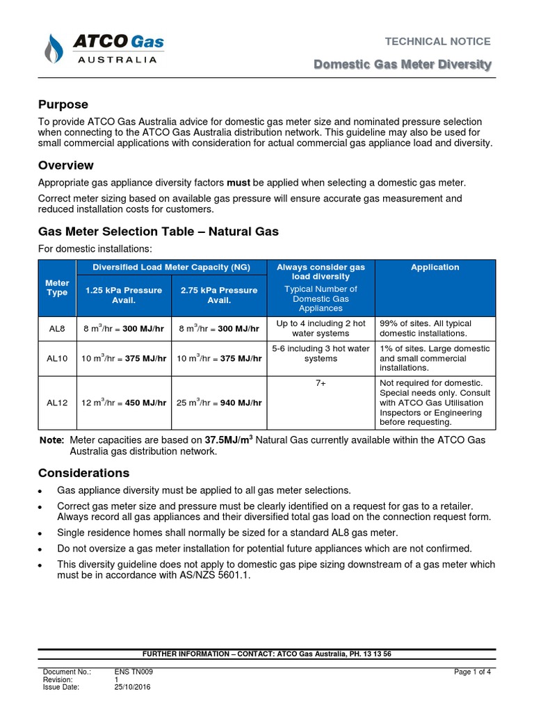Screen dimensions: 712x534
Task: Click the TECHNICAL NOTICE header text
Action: point(438,41)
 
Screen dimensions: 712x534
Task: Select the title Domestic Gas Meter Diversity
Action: point(403,65)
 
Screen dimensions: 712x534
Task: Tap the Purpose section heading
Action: point(63,104)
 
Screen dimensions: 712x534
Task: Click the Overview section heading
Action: point(65,165)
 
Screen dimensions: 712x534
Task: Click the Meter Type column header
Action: point(57,288)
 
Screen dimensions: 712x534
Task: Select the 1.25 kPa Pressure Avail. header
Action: point(124,296)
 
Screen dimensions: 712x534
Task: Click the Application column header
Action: point(435,267)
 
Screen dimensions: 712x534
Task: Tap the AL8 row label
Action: point(57,328)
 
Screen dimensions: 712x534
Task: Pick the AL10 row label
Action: point(57,358)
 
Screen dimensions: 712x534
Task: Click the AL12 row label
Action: point(57,403)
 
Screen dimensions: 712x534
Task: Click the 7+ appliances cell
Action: point(321,383)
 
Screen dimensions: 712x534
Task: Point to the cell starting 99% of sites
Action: point(435,328)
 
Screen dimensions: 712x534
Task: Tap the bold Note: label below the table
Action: point(51,440)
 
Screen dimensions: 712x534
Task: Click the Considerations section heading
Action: point(83,473)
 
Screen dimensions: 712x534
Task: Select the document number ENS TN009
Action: point(133,672)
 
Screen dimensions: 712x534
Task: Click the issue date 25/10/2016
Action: point(132,687)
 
